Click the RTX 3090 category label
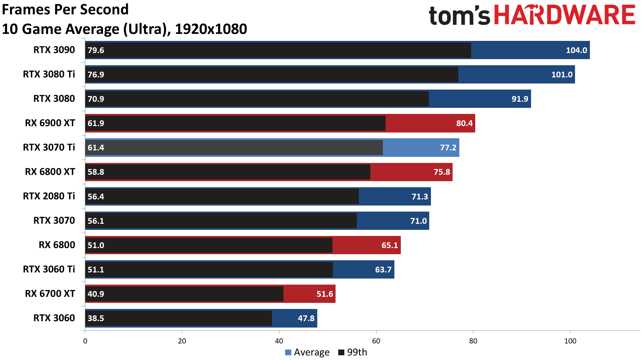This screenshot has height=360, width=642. tap(54, 50)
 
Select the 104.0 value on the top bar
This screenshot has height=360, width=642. tap(576, 50)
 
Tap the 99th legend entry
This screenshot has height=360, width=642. tap(353, 352)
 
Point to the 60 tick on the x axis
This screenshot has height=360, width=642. tap(376, 341)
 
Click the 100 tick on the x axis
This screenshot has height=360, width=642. tap(570, 341)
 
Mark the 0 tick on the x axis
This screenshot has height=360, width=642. tap(85, 341)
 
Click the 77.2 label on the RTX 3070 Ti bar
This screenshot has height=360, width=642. tap(448, 148)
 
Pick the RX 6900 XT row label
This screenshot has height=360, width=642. tap(50, 123)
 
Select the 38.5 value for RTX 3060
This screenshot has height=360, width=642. tap(96, 318)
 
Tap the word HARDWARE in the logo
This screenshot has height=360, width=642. tap(565, 15)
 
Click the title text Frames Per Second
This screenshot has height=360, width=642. tap(65, 9)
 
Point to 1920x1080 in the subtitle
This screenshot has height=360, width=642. tap(211, 29)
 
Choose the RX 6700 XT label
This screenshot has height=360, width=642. tap(50, 294)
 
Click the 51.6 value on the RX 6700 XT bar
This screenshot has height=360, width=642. tap(325, 294)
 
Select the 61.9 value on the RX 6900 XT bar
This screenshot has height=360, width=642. tap(96, 123)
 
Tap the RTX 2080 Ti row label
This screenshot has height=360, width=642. tap(49, 196)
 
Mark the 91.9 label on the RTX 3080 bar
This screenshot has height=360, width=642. tap(520, 99)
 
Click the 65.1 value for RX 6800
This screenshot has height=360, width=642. tap(390, 245)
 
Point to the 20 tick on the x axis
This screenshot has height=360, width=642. tap(182, 341)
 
